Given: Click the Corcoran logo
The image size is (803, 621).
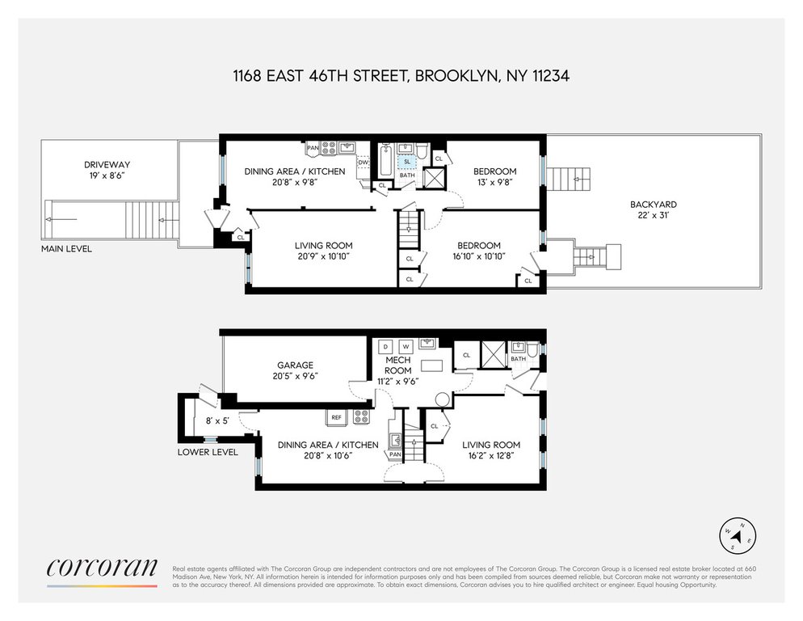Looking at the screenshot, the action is (102, 568).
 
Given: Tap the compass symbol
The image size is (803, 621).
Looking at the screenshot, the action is (738, 536).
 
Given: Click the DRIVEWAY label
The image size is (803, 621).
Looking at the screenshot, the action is (107, 165).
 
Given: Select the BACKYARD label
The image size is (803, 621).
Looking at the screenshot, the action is (653, 204).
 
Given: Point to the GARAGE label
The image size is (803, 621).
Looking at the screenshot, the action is (295, 365).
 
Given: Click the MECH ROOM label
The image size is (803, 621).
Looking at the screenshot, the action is (398, 365).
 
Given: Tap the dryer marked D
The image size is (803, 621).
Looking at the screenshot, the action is (385, 347).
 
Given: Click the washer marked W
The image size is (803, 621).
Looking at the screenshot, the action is (406, 347).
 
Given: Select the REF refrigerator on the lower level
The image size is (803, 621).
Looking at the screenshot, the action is (336, 417).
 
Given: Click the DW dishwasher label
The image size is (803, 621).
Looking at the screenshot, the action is (363, 163).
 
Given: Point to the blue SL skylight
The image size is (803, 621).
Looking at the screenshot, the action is (407, 162).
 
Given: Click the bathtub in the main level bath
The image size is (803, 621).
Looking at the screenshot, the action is (385, 160).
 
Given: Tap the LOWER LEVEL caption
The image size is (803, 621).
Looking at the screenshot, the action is (208, 452).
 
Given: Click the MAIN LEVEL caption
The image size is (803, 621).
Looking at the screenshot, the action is (66, 249).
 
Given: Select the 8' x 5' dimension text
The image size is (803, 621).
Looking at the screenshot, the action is (217, 421).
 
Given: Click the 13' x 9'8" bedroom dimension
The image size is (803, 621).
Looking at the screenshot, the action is (494, 182).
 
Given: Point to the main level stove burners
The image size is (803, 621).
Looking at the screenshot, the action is (328, 148).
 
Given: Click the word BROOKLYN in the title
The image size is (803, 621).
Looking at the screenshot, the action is (456, 76).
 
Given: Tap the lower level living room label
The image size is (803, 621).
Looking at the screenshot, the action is (491, 445).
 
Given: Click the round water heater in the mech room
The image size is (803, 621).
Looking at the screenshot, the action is (443, 399).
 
